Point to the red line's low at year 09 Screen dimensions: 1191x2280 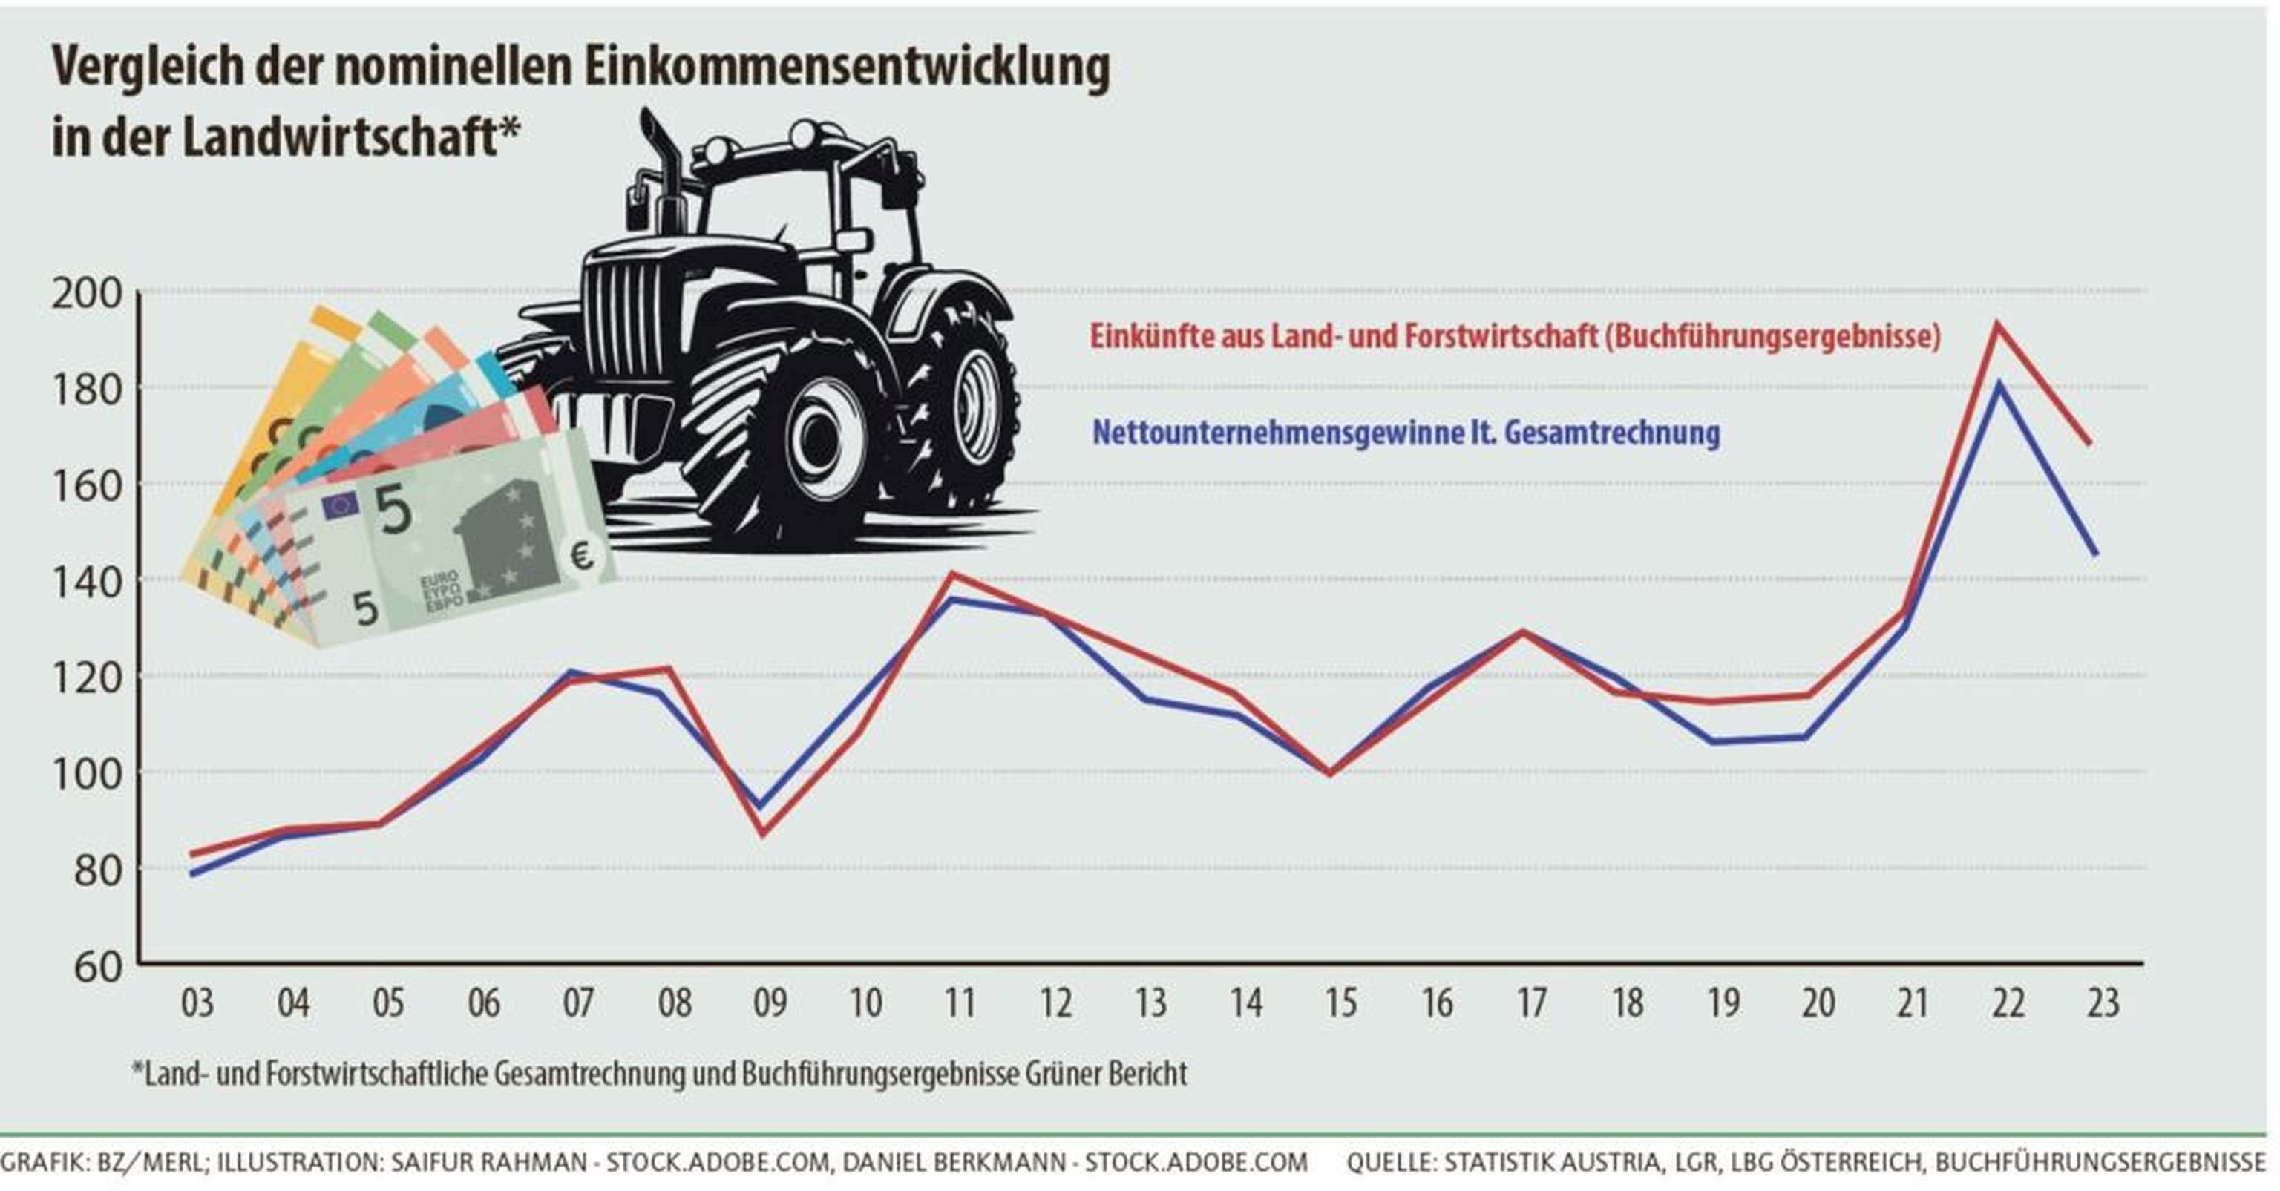(763, 833)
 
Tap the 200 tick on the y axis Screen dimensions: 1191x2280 (87, 294)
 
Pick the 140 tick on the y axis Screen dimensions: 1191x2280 (87, 583)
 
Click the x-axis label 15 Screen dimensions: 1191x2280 (1340, 1003)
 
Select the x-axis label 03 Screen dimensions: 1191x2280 (197, 1003)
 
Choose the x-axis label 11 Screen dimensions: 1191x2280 (960, 1003)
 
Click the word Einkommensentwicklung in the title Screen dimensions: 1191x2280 (845, 66)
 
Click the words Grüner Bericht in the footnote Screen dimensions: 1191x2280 (1107, 1073)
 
